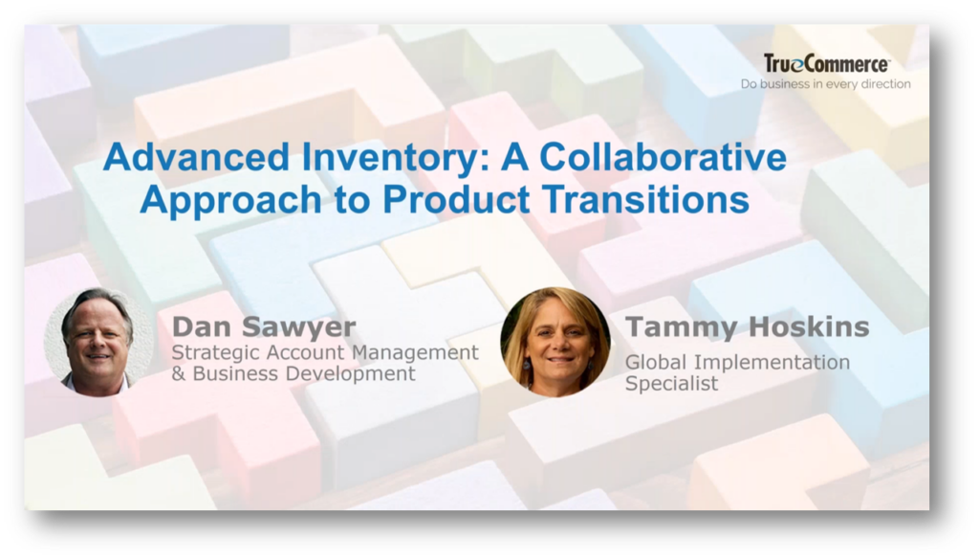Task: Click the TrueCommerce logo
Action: tap(826, 63)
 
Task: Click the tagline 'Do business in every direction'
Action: tap(826, 84)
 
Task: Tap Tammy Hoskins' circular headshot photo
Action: tap(555, 342)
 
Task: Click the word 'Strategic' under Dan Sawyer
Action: tap(211, 352)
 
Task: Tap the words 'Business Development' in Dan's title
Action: tap(304, 373)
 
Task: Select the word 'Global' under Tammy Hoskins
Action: tap(656, 363)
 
